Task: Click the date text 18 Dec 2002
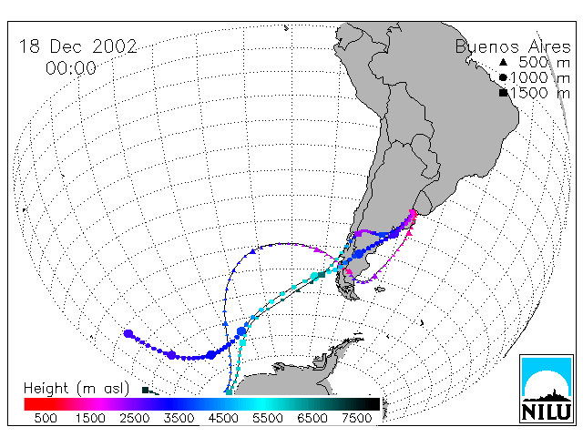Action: coord(78,46)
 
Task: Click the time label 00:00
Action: coord(71,68)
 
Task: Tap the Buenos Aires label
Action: coord(513,46)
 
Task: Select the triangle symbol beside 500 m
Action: coord(503,62)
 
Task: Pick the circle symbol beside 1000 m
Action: coord(503,77)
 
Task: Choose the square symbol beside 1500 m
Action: coord(504,93)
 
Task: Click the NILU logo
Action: coord(547,389)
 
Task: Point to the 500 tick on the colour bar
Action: coord(46,418)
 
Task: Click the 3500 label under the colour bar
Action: coord(179,418)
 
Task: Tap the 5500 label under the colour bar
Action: coord(268,418)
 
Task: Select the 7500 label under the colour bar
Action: coord(356,418)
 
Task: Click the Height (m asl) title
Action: coord(77,389)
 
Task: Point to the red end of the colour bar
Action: coord(26,404)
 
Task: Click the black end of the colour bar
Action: coord(376,404)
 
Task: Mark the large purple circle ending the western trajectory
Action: coord(128,334)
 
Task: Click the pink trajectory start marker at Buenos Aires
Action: coord(413,213)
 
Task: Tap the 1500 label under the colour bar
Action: coord(90,418)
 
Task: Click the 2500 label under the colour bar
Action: coord(135,418)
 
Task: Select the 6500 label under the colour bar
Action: coord(312,418)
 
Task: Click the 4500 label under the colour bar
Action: coord(223,418)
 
